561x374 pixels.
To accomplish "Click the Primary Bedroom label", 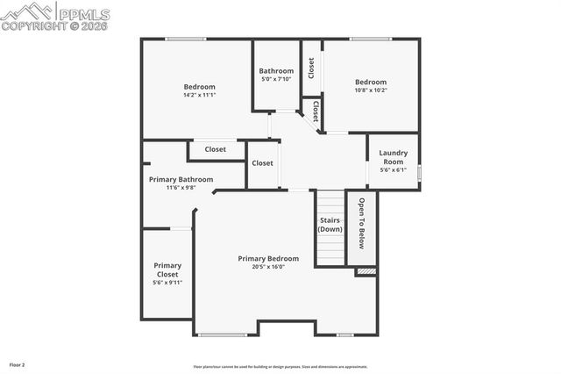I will tap(268, 259).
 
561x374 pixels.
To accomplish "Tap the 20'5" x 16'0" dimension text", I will tap(268, 267).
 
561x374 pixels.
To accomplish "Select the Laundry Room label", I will tap(393, 157).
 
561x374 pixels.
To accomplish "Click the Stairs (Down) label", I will tap(330, 225).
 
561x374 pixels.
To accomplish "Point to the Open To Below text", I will tap(360, 225).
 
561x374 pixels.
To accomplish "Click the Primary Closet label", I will tap(167, 270).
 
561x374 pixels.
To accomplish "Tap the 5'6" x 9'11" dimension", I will tap(167, 283).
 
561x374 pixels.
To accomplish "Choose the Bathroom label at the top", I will tap(276, 71).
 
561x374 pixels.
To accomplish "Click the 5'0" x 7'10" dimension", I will tap(276, 80).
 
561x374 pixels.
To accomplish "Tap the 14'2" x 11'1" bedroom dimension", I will tap(199, 95).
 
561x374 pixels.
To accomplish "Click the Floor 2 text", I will tap(18, 363).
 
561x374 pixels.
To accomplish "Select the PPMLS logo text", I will tap(83, 13).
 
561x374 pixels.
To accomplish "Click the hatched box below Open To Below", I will tap(366, 272).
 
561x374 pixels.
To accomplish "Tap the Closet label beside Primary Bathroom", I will tap(216, 149).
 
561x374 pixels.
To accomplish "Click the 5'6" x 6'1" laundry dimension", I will tap(393, 170).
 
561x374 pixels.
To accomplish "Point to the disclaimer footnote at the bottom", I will tap(280, 367).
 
